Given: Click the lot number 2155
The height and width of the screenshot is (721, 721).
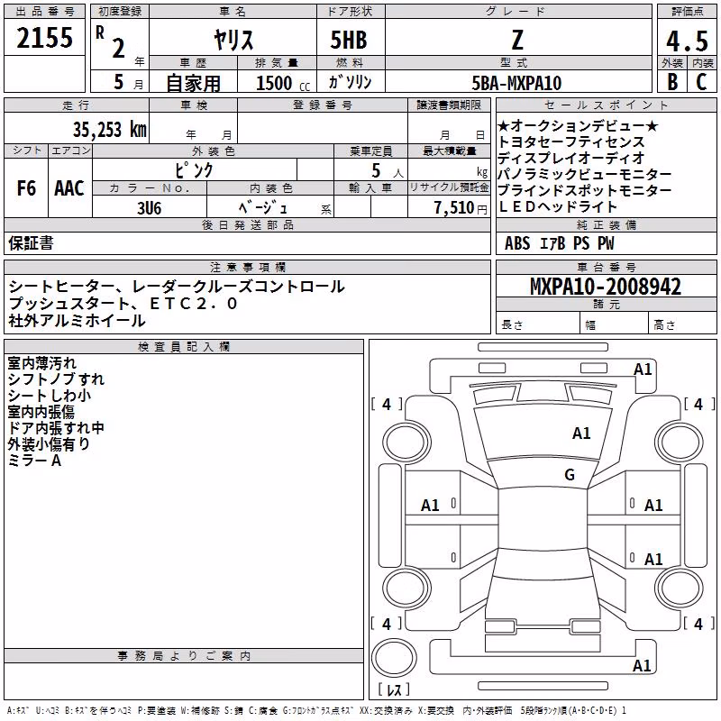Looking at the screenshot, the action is (x=44, y=38).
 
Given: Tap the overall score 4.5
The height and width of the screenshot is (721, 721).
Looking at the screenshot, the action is (x=687, y=41).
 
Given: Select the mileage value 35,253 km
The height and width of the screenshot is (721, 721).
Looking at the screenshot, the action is (x=109, y=130).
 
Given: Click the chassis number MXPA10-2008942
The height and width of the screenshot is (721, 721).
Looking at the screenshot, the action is (x=606, y=287).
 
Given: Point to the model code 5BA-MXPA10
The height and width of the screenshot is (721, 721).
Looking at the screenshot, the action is (x=516, y=83).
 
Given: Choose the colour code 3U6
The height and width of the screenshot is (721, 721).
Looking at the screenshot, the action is (x=149, y=208).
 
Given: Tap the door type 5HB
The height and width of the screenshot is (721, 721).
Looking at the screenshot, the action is (x=349, y=40).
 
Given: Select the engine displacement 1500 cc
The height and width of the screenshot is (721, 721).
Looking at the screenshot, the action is (x=283, y=83).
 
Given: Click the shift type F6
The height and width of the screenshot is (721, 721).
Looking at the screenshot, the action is (x=26, y=188).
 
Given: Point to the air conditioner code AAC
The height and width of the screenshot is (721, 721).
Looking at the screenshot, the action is (x=69, y=188).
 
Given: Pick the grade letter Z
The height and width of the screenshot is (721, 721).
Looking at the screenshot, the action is (x=517, y=40).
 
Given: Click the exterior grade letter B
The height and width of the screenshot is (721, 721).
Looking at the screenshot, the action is (x=672, y=82).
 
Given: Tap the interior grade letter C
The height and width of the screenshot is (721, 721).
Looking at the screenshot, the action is (x=701, y=82).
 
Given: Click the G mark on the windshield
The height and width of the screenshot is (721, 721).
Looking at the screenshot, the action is (x=570, y=475).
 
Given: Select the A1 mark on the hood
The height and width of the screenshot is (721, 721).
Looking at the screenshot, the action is (x=581, y=434).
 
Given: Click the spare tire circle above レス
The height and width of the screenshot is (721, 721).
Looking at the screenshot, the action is (x=394, y=658).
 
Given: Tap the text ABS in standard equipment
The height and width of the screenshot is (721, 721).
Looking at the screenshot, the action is (x=517, y=243).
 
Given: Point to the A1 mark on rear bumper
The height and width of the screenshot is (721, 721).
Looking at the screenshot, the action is (x=642, y=666).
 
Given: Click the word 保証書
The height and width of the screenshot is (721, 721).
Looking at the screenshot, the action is (x=31, y=242).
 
